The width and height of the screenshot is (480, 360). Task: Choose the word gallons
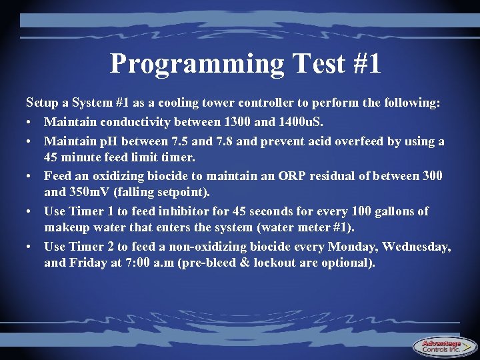[x=393, y=211]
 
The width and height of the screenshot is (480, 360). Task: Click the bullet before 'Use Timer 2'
[x=30, y=246]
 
